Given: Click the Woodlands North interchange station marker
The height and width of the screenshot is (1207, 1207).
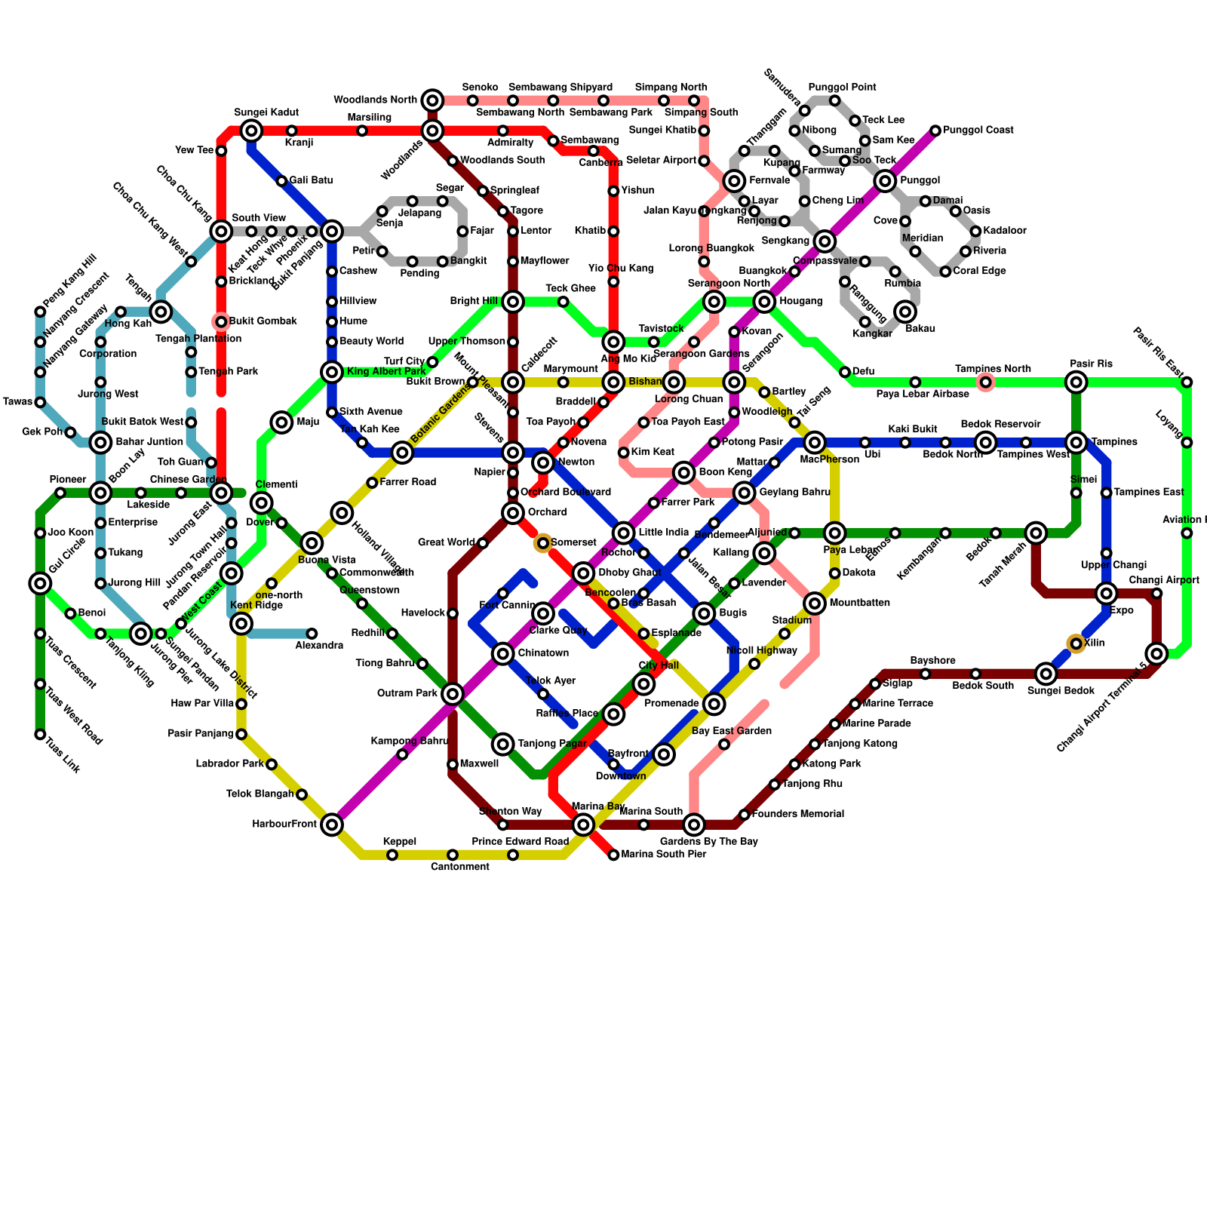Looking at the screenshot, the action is [432, 100].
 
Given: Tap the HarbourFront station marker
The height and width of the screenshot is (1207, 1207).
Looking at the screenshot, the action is [332, 825].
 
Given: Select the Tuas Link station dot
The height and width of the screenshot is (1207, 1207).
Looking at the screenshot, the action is [40, 734].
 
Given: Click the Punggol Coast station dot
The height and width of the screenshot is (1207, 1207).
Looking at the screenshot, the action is [935, 131].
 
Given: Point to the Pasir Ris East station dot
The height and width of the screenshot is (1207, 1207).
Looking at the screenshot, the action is [1187, 382].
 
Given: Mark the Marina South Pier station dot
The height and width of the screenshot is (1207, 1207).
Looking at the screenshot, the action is [613, 855].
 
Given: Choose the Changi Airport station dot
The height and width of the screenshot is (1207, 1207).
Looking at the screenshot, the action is [1156, 594].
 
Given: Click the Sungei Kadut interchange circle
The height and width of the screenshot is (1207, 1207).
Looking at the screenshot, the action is [251, 131].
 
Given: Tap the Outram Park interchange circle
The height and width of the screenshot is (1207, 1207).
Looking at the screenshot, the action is [453, 694].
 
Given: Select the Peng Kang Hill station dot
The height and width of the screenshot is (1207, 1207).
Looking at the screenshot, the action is [40, 312].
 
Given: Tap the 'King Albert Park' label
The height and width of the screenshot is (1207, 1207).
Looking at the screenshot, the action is [386, 372].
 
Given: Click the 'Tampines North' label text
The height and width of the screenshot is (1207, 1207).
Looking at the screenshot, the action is [993, 369].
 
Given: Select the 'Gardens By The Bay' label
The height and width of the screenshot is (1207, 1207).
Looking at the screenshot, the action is [708, 841].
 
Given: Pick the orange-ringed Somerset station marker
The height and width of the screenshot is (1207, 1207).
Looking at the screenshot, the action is [543, 543].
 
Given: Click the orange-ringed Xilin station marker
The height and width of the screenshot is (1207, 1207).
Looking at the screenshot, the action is [1076, 643].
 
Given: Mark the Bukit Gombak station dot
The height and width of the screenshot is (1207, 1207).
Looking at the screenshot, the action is [221, 322].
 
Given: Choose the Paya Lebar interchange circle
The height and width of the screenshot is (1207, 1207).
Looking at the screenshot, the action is [834, 533].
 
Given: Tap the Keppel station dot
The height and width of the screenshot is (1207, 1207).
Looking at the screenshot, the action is [392, 855].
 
